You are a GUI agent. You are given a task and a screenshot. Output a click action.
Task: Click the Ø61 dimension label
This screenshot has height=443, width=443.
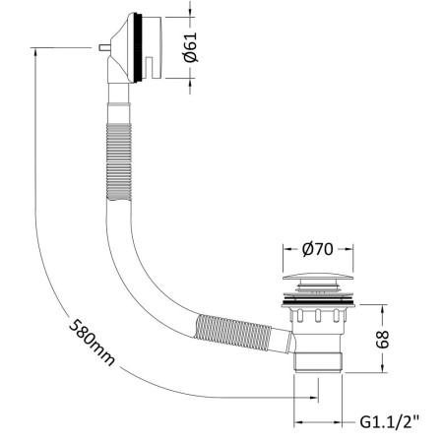pos(191,47)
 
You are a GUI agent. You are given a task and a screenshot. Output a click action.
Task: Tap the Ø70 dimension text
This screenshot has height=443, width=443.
pos(318,249)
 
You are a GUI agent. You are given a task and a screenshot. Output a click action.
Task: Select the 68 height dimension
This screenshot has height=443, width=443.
pos(382,340)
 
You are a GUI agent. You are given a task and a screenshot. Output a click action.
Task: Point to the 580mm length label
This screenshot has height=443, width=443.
pos(92,343)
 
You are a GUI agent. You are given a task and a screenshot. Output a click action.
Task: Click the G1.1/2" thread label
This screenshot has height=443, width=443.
pos(390,422)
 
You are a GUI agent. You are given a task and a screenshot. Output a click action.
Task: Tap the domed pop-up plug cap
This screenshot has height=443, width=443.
pos(318,277)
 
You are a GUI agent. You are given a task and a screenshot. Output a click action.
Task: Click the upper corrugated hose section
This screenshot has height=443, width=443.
pos(119,161)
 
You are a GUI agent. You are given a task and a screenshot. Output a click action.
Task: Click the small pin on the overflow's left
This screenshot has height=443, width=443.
pos(104,48)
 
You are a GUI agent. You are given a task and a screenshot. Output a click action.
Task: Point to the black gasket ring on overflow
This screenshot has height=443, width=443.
pos(140,47)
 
